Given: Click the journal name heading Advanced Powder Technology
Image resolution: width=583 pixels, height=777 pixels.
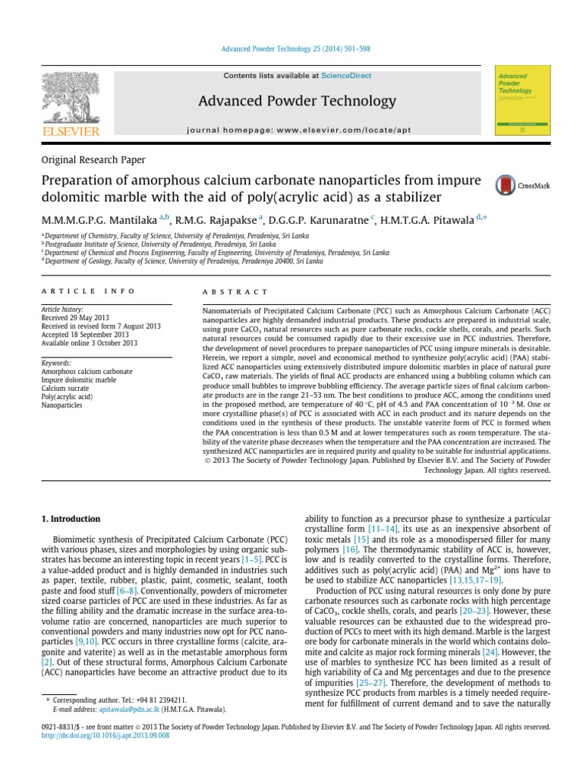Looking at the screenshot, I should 298,101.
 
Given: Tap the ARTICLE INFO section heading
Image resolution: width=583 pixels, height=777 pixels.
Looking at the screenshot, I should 88,291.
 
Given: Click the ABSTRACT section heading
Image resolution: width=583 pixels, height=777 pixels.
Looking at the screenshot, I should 235,291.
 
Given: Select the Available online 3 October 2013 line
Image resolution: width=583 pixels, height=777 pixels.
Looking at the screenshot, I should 89,343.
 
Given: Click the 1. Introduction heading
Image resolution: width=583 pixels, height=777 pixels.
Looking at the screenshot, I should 69,519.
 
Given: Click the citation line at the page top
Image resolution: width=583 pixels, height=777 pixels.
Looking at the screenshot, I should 291,49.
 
